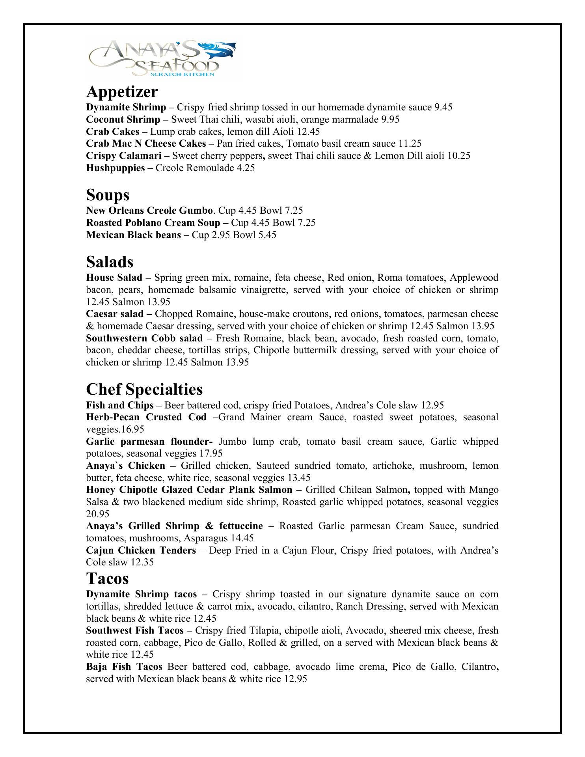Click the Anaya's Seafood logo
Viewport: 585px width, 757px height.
click(x=162, y=58)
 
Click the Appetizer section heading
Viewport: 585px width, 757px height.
click(x=122, y=91)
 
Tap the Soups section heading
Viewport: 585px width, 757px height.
click(x=108, y=195)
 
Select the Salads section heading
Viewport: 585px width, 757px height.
click(x=110, y=262)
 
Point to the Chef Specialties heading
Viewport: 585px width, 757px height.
click(x=144, y=389)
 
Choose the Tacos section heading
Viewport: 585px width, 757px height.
click(x=107, y=578)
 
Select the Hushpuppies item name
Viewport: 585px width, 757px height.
click(x=115, y=168)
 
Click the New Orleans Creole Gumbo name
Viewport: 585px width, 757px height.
click(x=149, y=211)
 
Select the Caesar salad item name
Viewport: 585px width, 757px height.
click(x=115, y=314)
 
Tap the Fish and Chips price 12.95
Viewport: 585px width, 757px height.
click(x=432, y=405)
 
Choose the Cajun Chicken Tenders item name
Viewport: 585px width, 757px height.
click(x=141, y=550)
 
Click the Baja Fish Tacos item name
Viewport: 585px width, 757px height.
click(x=124, y=667)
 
